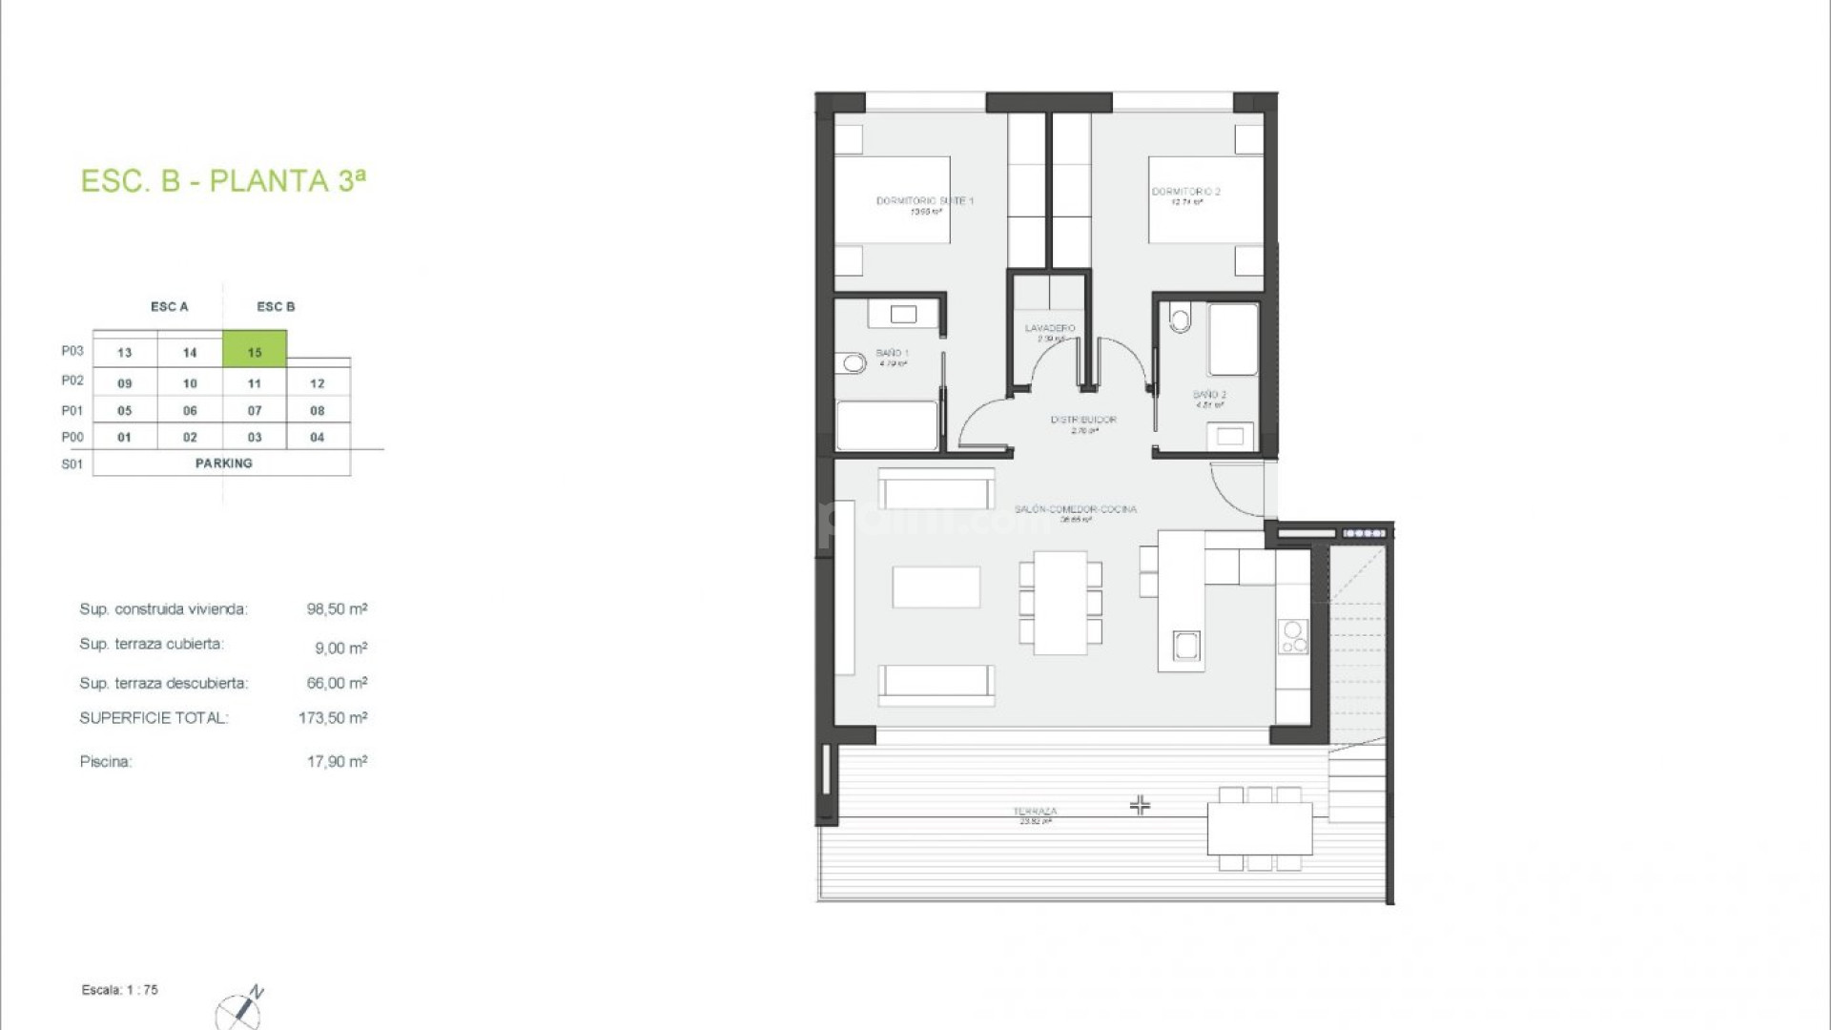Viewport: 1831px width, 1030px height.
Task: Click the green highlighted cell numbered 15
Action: pos(255,350)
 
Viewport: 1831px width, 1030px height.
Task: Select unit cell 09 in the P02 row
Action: pos(125,383)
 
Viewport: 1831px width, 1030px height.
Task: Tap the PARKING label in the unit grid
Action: pos(223,463)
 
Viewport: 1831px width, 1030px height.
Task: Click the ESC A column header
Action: pos(170,307)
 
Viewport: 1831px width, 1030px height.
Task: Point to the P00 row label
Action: pos(72,437)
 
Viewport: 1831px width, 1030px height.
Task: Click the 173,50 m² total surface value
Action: pos(332,718)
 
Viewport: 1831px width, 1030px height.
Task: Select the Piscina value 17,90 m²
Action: pos(337,762)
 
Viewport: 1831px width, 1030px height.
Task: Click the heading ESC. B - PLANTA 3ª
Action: pos(223,181)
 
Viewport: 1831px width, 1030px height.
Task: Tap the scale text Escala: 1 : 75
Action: pos(120,990)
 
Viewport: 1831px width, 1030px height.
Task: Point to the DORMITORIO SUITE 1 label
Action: pos(925,202)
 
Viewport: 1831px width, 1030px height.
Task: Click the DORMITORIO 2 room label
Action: pos(1186,193)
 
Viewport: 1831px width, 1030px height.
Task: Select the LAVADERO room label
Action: pos(1050,329)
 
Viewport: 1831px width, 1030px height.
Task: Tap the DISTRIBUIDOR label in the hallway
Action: pos(1083,421)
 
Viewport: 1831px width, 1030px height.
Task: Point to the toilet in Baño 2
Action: pos(1181,318)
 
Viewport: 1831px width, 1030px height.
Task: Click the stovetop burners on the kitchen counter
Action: pos(1294,638)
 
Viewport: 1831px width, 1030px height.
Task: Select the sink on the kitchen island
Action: pos(1186,646)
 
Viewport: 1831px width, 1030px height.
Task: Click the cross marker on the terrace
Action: pos(1140,806)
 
